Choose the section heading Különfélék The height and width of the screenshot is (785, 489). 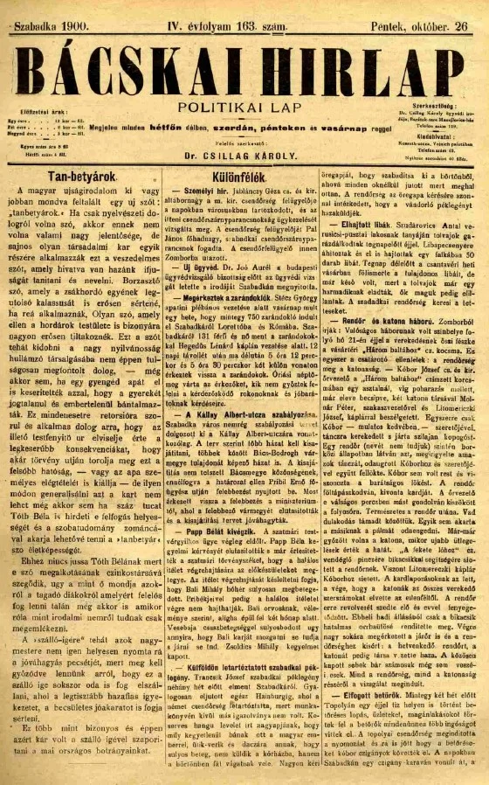pyautogui.click(x=248, y=174)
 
